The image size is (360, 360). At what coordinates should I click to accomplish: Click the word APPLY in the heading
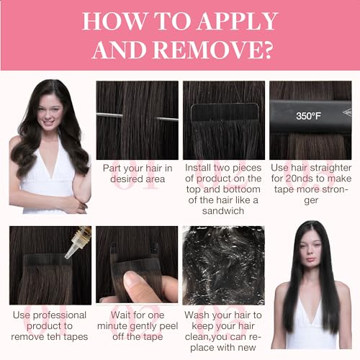point(238,21)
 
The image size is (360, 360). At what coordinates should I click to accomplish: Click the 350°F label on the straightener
point(308,116)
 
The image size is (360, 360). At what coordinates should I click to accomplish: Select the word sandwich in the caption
point(223,211)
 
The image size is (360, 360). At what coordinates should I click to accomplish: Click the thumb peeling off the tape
point(138,285)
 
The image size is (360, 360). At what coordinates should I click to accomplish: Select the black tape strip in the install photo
point(224,112)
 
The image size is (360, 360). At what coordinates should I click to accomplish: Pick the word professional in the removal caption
point(60,315)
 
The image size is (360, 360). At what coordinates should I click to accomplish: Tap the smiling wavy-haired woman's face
point(49,114)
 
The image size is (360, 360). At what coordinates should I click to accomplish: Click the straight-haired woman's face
point(310,250)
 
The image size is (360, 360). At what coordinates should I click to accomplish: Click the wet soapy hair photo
point(223,265)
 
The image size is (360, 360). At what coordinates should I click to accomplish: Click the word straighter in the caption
point(332,168)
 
